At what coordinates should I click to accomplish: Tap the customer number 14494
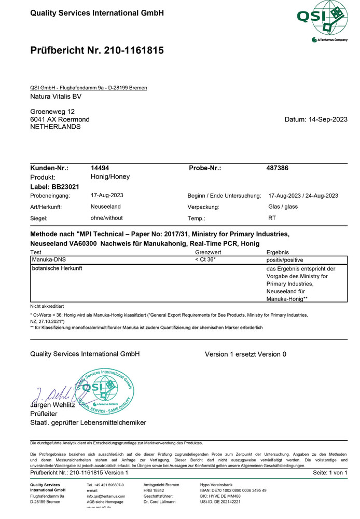point(100,168)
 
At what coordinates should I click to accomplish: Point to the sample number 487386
point(277,168)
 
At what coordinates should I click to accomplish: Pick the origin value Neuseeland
point(105,207)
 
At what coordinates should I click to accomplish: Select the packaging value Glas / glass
point(283,207)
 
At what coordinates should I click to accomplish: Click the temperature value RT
point(272,218)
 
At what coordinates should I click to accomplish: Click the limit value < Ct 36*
point(205,259)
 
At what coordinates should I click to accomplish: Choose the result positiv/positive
point(285,259)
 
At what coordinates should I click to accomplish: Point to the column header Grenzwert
point(208,252)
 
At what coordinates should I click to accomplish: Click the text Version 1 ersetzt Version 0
point(245,354)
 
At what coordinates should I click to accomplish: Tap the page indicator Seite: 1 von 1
point(330,473)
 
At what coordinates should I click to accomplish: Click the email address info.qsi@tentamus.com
point(106,496)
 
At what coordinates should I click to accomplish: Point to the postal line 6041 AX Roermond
point(60,119)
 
